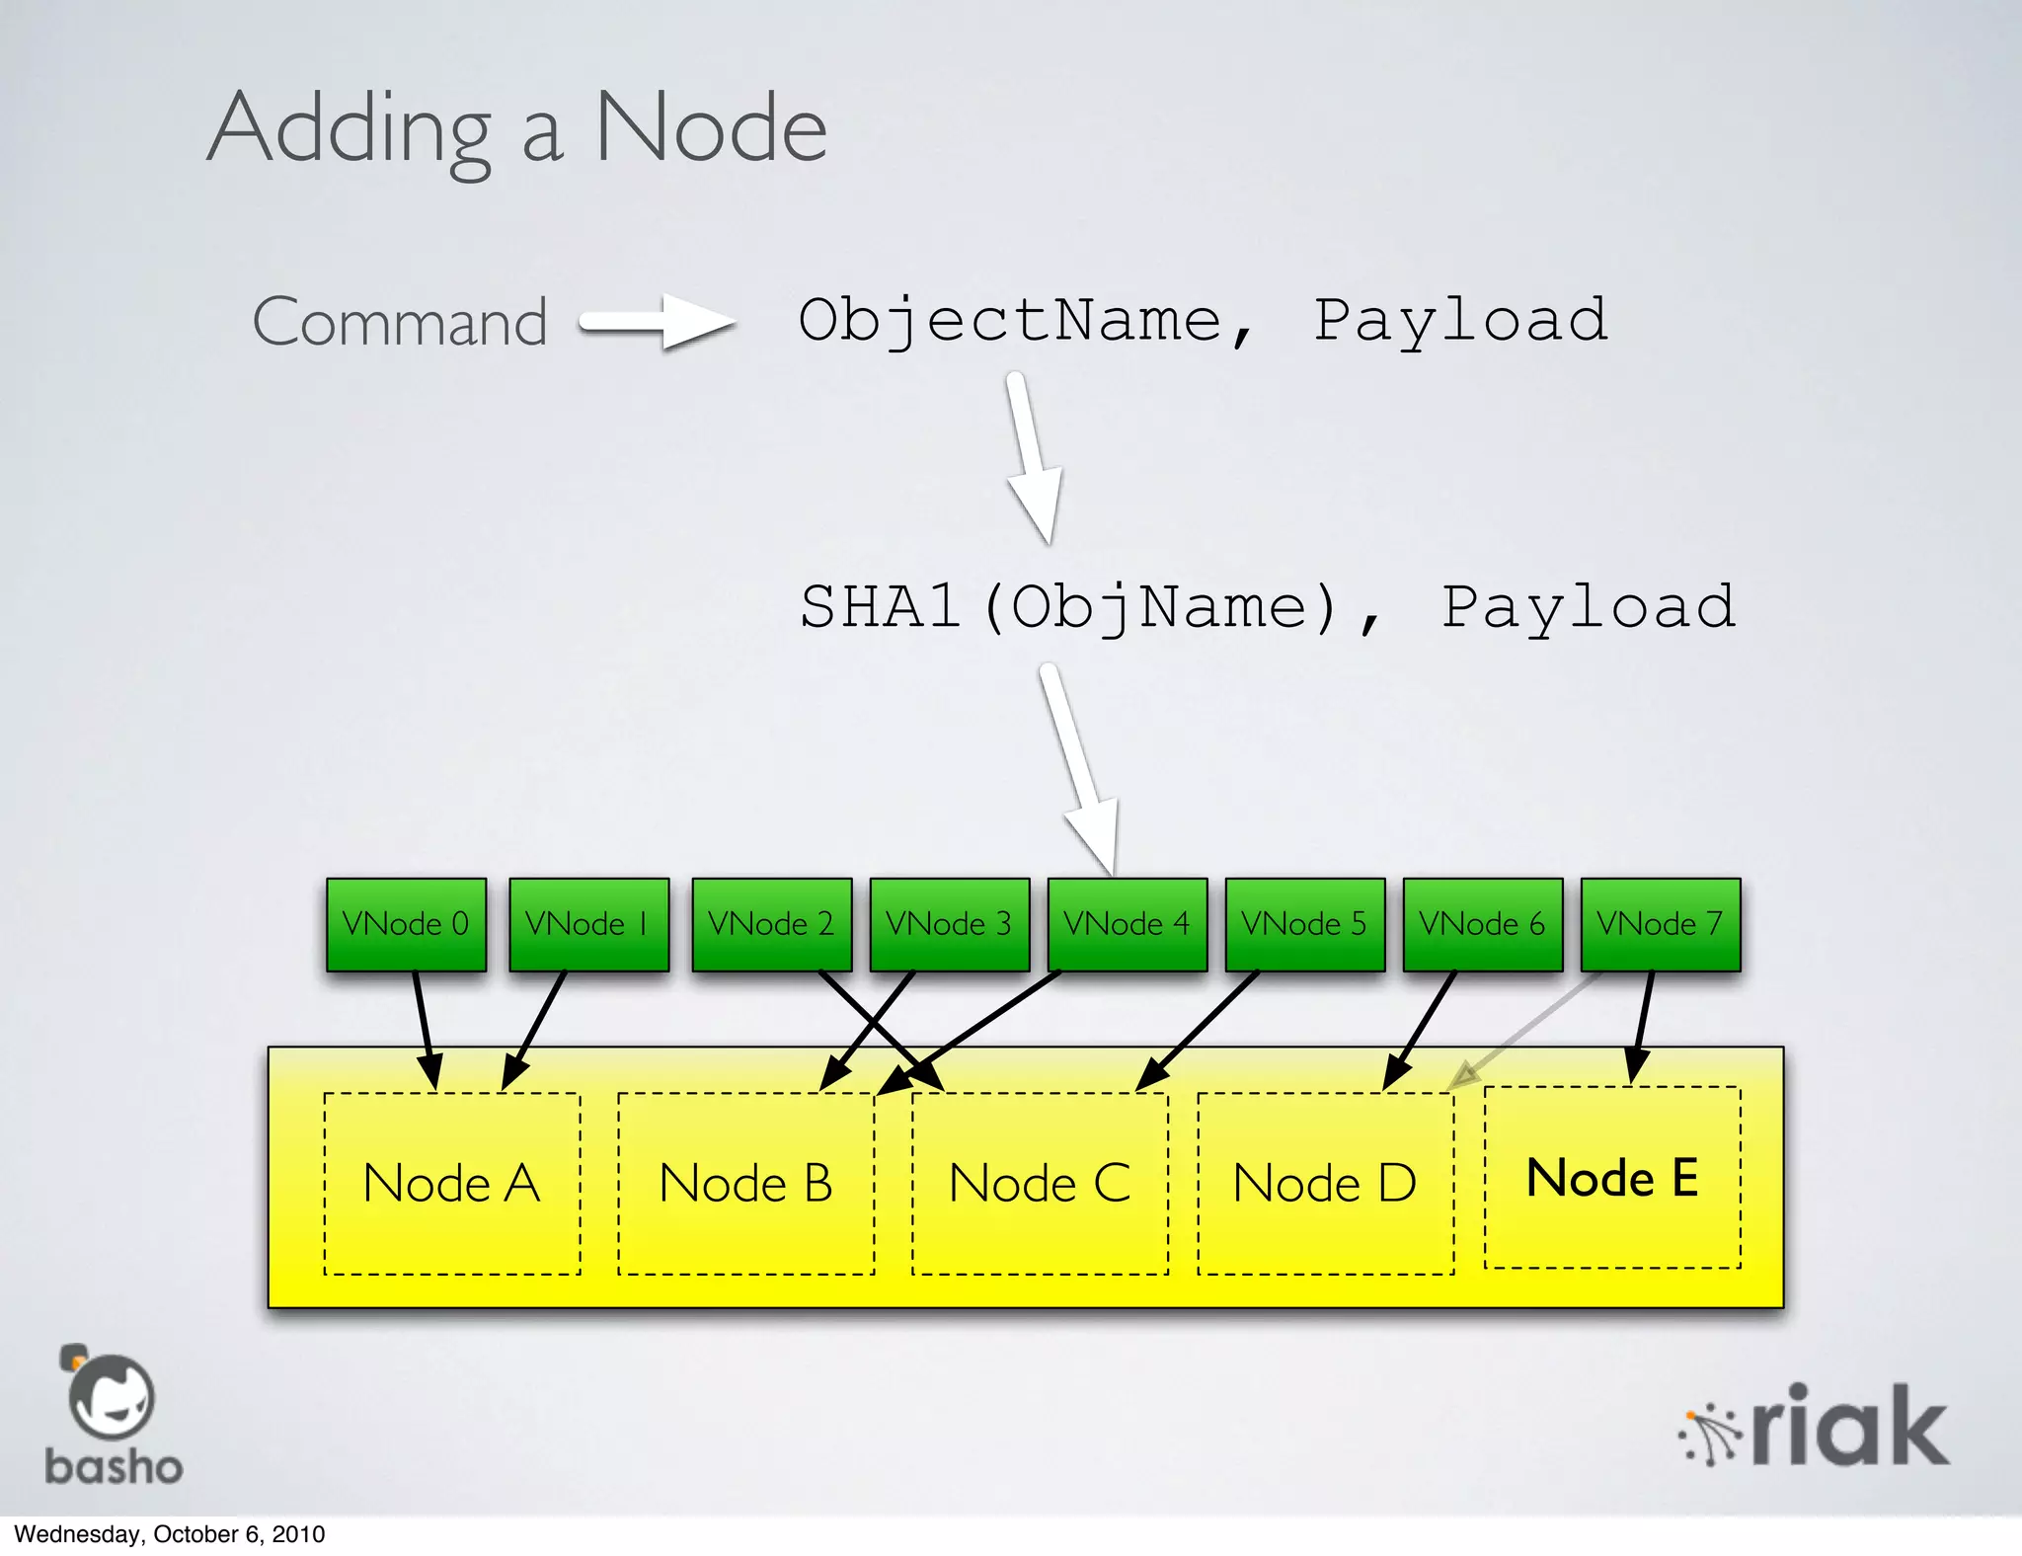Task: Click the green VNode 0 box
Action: pos(406,924)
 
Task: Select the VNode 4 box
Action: pos(1127,924)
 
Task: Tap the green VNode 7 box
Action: pos(1660,924)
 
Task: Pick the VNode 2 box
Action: pos(771,924)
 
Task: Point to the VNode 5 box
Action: pos(1304,924)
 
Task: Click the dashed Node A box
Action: pos(452,1183)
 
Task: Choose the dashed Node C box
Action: pos(1040,1183)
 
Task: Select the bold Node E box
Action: pos(1612,1177)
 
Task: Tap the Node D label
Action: pos(1325,1183)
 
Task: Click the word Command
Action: pos(400,322)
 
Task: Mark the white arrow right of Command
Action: pos(657,322)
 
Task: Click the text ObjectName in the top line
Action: pos(1010,320)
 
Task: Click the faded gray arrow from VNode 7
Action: pos(1525,1032)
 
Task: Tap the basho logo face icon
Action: pos(112,1398)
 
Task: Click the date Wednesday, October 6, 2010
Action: pos(169,1534)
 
